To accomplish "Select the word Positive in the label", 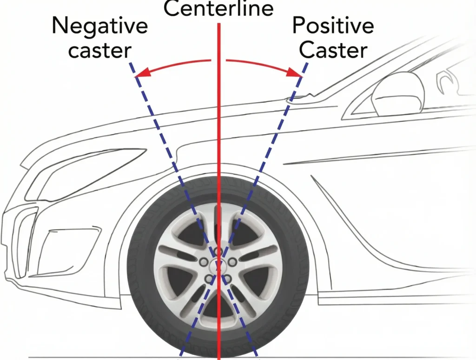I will (333, 26).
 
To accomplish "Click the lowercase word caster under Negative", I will (99, 50).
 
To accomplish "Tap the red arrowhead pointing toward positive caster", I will (296, 72).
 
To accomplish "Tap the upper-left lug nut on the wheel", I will (203, 262).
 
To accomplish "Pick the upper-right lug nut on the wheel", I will (232, 262).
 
